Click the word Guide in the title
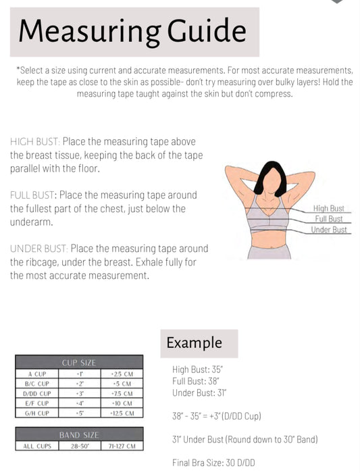207,30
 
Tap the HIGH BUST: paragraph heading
35,141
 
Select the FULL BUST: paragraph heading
33,195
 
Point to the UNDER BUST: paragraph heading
39,249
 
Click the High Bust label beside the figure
328,208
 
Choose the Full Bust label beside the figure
329,219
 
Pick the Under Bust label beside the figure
329,230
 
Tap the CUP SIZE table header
79,363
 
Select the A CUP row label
37,374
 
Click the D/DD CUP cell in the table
37,394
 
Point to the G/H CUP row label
37,414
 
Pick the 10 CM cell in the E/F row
122,403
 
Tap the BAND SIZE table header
79,435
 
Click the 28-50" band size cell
80,446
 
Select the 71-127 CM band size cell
122,446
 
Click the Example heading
194,343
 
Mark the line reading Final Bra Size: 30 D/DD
213,463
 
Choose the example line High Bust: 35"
197,370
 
